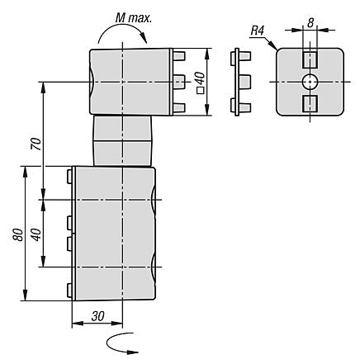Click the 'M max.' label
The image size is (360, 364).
[x=134, y=18]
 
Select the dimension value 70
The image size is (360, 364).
[x=36, y=144]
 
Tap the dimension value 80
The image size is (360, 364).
[x=18, y=234]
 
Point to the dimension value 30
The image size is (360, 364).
[x=98, y=316]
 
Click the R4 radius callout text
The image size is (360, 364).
[x=258, y=31]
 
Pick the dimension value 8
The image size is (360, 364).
[x=310, y=23]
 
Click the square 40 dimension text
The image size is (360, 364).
[x=201, y=83]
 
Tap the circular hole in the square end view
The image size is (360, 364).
[x=310, y=82]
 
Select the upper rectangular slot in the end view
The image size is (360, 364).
[x=310, y=59]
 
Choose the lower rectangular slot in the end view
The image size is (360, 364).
[x=310, y=104]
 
